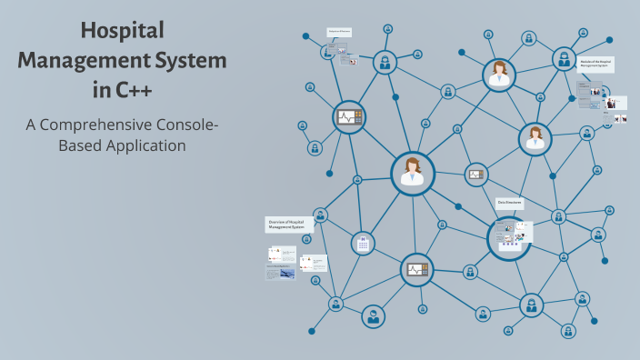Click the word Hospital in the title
tap(122, 31)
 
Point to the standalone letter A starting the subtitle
tap(30, 124)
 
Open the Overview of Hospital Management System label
tap(289, 224)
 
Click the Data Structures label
tap(509, 204)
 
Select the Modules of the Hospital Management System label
tap(597, 64)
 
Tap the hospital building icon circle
tap(363, 244)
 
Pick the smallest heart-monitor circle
tap(475, 175)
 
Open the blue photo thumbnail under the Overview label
tap(286, 273)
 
